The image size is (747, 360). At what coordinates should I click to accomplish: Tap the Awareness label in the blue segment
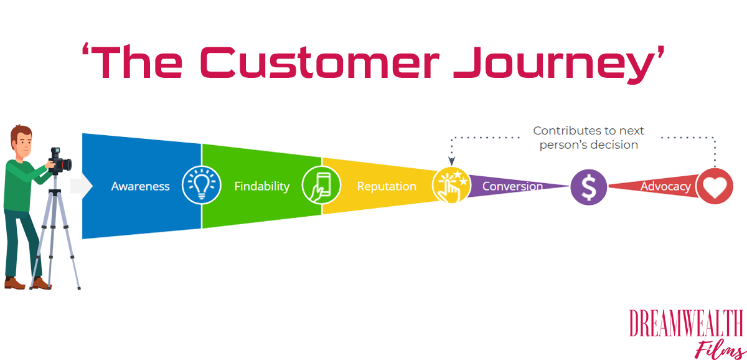140,186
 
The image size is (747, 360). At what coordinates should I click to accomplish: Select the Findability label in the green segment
261,186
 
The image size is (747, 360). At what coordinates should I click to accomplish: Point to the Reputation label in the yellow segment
387,186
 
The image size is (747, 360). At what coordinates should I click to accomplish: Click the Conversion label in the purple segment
512,186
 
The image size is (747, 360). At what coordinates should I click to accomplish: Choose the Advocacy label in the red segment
665,186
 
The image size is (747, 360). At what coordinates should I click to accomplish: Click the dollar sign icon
589,187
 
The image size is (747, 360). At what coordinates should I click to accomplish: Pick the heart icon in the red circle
715,186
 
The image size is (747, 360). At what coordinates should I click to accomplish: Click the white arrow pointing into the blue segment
82,186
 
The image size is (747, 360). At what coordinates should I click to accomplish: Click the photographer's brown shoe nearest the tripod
41,283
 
